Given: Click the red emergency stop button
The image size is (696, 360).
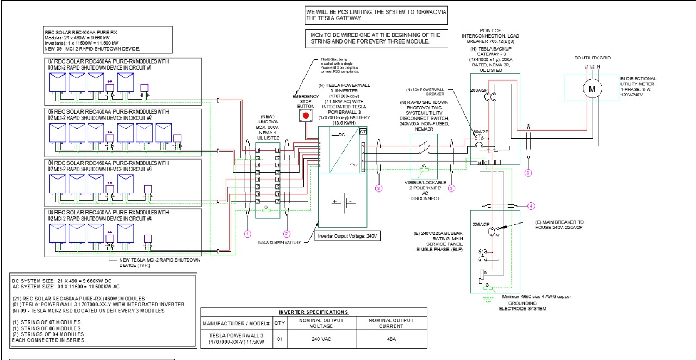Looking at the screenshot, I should [306, 115].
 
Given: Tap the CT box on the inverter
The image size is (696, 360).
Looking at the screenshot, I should [363, 131].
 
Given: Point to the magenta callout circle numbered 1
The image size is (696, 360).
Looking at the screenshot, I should [248, 233].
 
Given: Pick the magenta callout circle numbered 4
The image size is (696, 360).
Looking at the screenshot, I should [532, 206].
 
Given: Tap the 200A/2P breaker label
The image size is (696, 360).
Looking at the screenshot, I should [478, 90].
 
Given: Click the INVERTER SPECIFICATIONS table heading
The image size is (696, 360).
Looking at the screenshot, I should [313, 312].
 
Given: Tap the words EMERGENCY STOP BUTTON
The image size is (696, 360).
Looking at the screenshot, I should [305, 101].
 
